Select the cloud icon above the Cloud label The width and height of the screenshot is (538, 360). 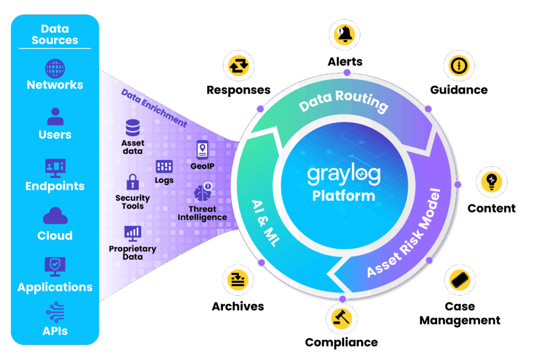coord(55,217)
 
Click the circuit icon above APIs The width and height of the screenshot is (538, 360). coord(55,312)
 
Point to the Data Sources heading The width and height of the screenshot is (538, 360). coord(55,35)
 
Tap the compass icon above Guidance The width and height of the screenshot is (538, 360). coord(459,66)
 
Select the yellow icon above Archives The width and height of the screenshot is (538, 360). coord(238,280)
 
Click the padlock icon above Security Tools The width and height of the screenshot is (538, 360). coord(132,182)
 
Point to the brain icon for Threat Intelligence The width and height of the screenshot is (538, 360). coord(202,192)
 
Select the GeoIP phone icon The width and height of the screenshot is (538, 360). coord(202,150)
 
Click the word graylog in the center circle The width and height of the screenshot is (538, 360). coord(344,175)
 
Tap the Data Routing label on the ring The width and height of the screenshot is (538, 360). coord(344,101)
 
